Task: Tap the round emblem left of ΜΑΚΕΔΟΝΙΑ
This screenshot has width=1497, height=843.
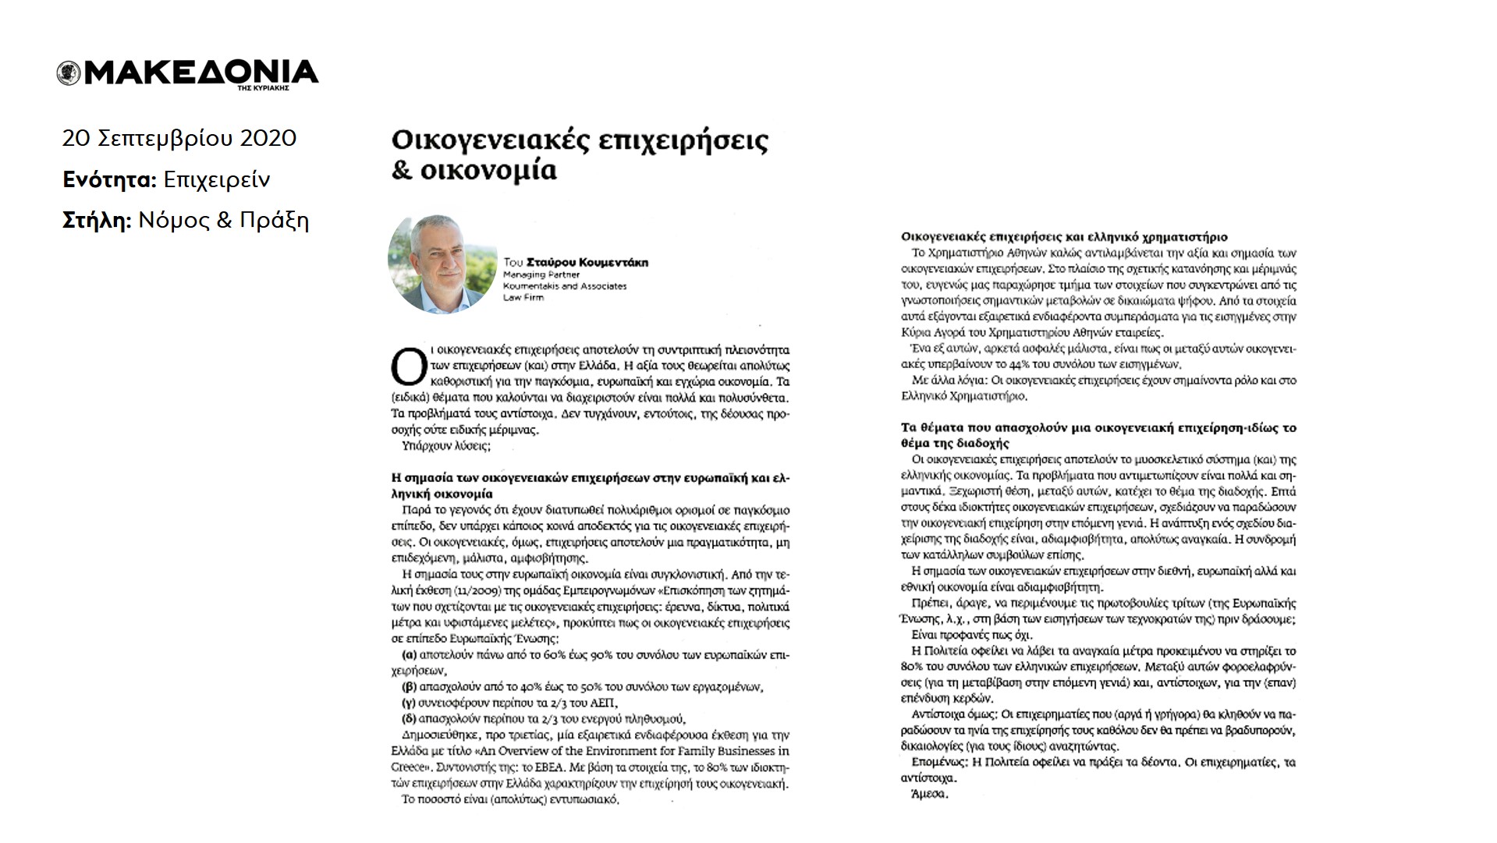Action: pyautogui.click(x=69, y=73)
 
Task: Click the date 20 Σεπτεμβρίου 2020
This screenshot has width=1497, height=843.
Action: pyautogui.click(x=179, y=138)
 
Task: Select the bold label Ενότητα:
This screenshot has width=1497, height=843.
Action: pyautogui.click(x=110, y=179)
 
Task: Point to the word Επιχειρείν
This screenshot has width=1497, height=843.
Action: pyautogui.click(x=217, y=179)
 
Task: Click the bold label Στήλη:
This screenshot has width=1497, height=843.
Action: pyautogui.click(x=97, y=221)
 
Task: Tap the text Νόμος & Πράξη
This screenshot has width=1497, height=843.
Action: pyautogui.click(x=224, y=221)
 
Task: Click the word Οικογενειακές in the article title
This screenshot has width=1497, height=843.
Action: pyautogui.click(x=488, y=140)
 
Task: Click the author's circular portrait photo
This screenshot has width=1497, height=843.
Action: pyautogui.click(x=442, y=264)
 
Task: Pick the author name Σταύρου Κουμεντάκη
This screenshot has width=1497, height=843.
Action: pyautogui.click(x=587, y=263)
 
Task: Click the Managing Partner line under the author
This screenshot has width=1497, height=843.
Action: pyautogui.click(x=541, y=275)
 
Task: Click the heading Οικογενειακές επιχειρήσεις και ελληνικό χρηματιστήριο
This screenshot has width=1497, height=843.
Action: pyautogui.click(x=1064, y=236)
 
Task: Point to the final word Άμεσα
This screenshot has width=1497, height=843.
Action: pyautogui.click(x=930, y=795)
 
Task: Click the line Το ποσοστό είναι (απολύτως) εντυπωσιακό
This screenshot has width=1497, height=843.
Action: pyautogui.click(x=510, y=799)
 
